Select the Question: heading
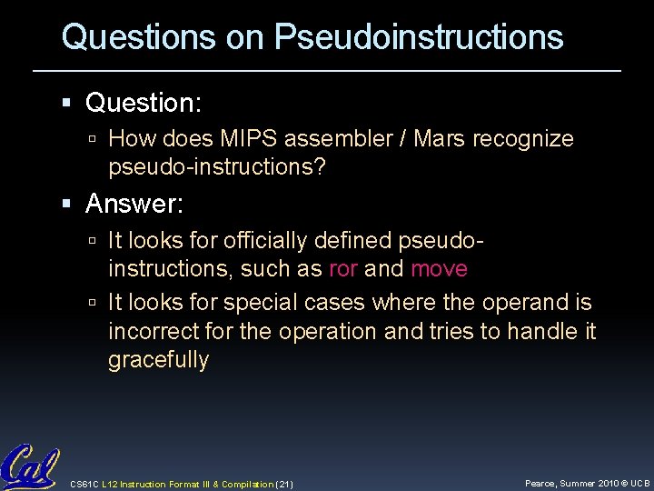(144, 104)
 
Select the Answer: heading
(134, 205)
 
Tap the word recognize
(526, 139)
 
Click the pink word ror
(342, 269)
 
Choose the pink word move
(439, 269)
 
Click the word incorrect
(155, 332)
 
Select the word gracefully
(158, 360)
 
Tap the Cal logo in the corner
(29, 467)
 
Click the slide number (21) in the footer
(282, 483)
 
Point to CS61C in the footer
(84, 483)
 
